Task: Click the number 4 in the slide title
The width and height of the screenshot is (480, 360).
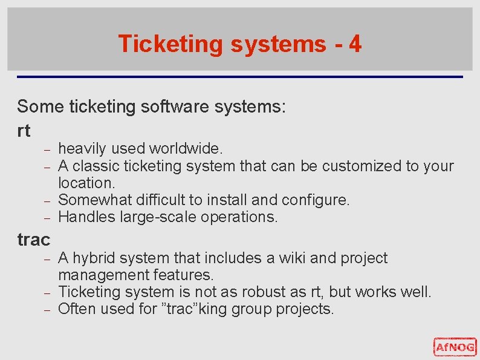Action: [x=355, y=44]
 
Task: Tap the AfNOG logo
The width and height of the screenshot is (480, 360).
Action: [x=455, y=347]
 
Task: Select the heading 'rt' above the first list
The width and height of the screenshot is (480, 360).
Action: [x=24, y=129]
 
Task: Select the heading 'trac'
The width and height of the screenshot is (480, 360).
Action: [x=33, y=240]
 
